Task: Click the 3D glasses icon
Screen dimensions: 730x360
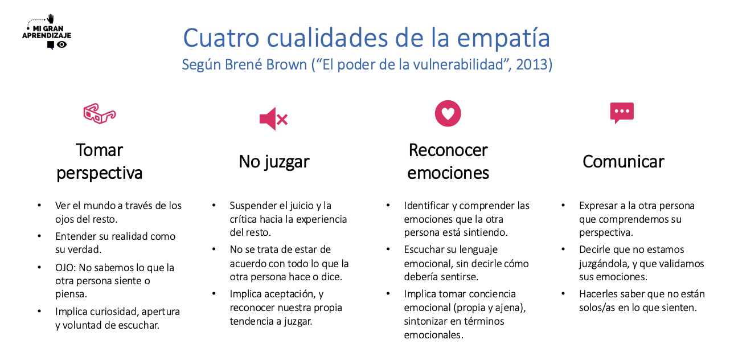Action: pos(100,114)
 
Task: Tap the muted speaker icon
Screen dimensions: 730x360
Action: pos(273,118)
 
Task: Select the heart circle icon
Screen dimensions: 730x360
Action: pos(448,113)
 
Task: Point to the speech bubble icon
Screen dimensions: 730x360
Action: pos(622,113)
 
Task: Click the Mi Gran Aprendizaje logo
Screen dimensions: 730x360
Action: pos(47,32)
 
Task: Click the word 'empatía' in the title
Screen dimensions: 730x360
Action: pos(503,39)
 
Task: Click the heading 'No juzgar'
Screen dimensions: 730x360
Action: pos(274,162)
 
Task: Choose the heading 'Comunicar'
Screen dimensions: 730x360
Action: pos(623,162)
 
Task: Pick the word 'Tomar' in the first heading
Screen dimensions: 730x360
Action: pos(100,150)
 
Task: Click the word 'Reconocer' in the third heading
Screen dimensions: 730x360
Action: pos(448,150)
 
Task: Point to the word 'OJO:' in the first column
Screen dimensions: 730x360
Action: pos(65,268)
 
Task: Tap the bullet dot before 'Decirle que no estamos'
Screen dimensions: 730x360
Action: pos(563,249)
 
